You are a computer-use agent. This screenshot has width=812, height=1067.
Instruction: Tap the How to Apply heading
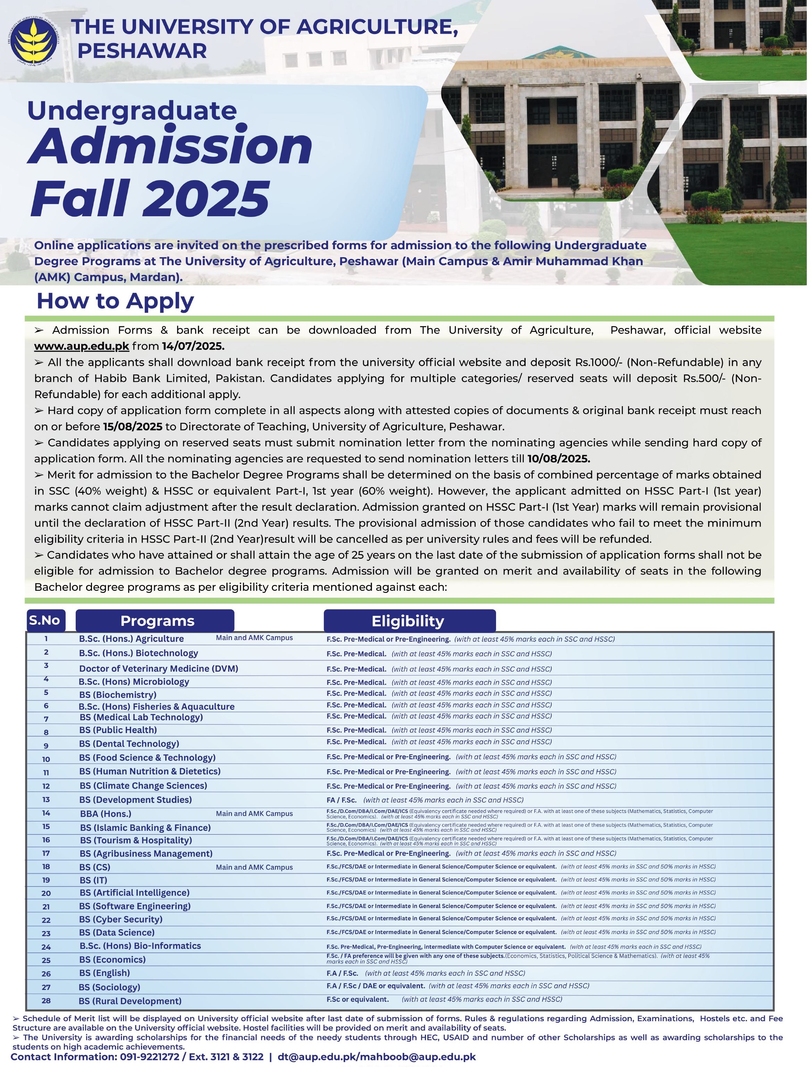coord(115,301)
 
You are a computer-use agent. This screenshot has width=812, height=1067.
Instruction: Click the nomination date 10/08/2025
coord(558,459)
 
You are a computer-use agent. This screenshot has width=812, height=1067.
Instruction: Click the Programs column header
coord(157,621)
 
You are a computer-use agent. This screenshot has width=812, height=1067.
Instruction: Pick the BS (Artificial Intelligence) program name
coord(134,892)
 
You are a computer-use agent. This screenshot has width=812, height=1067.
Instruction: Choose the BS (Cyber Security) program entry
coord(121,919)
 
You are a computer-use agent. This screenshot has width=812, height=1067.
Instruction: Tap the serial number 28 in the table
coord(46,1001)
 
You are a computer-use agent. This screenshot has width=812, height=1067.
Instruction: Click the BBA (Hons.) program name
coord(106,814)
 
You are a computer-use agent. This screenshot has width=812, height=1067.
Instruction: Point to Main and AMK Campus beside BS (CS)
coord(254,867)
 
